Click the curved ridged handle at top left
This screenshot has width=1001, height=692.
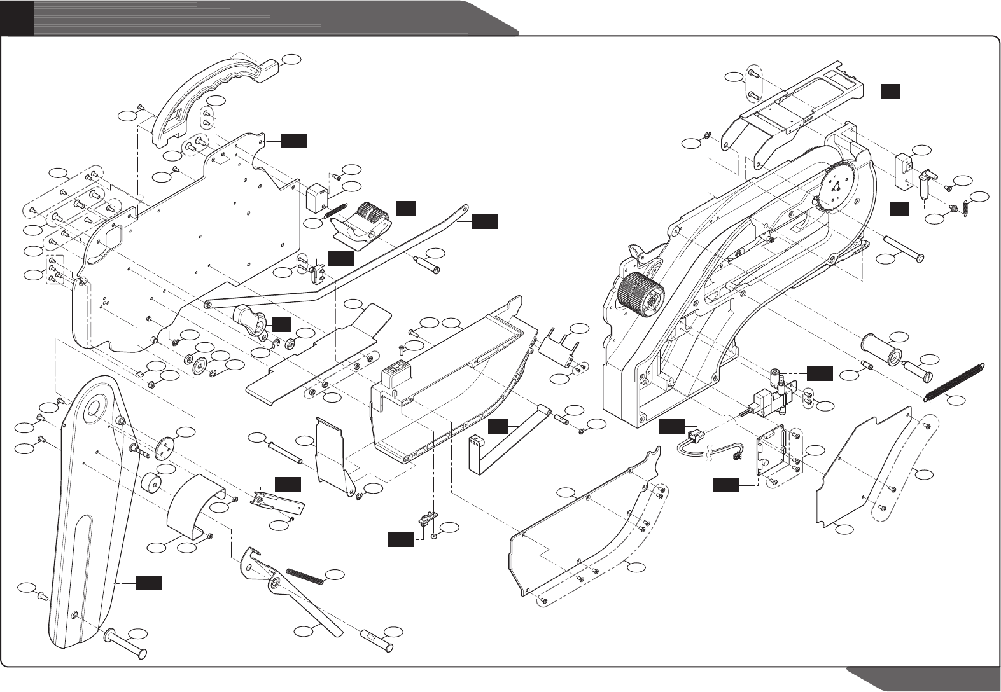[210, 95]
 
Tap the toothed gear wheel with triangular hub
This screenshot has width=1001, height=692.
[839, 185]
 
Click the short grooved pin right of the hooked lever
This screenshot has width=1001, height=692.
[377, 637]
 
